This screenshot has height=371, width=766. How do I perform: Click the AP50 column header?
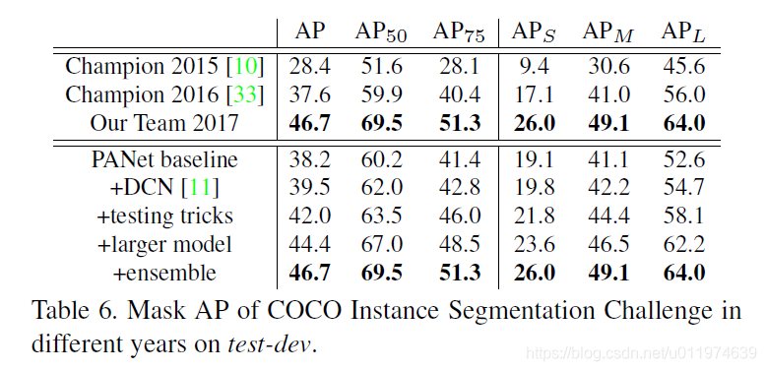pos(380,31)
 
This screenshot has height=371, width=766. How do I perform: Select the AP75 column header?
pos(458,31)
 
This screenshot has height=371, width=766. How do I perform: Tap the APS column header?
pos(535,31)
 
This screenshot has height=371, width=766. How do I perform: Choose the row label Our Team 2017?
pos(163,124)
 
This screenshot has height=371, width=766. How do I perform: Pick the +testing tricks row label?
pos(163,216)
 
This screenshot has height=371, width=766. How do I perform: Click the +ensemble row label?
pos(163,273)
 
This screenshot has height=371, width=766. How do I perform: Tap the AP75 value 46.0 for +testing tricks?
pos(458,216)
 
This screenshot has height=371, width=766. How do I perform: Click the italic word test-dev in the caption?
pos(268,345)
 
